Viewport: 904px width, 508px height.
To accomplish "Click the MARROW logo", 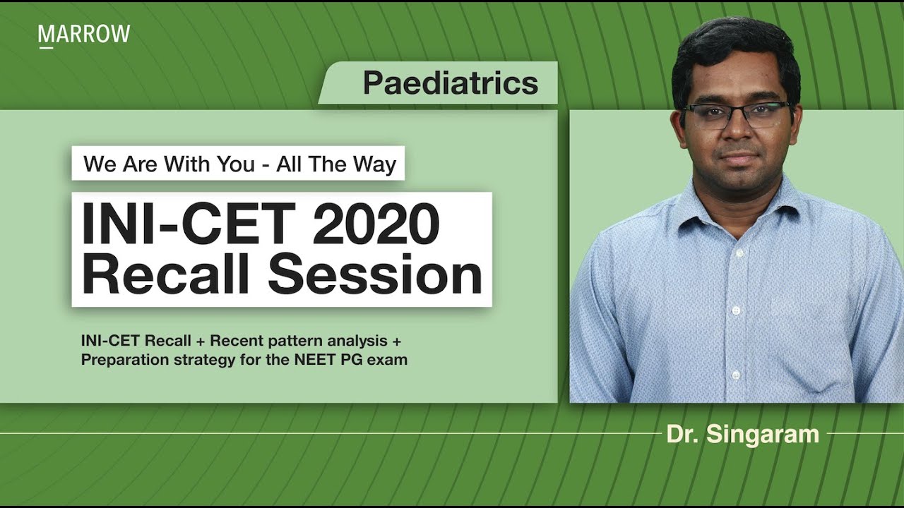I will tap(84, 34).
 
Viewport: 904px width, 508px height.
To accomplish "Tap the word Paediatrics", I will tap(451, 83).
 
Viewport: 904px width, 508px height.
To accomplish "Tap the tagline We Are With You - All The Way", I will tap(239, 164).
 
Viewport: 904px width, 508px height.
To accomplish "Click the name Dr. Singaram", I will tap(742, 434).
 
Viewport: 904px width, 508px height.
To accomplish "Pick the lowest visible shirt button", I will tap(735, 375).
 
